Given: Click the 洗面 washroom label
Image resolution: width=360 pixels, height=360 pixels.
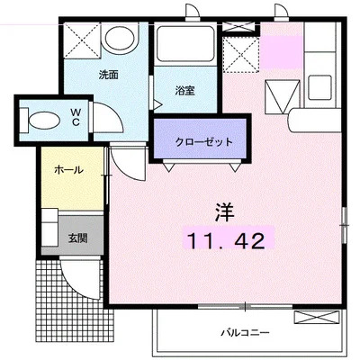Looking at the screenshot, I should (x=108, y=76).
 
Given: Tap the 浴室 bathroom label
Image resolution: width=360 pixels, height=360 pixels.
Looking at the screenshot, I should (x=184, y=91).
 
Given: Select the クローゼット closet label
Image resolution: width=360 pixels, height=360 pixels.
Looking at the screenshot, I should (x=204, y=142).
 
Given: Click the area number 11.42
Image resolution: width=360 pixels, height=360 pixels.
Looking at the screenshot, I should (x=226, y=239).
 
